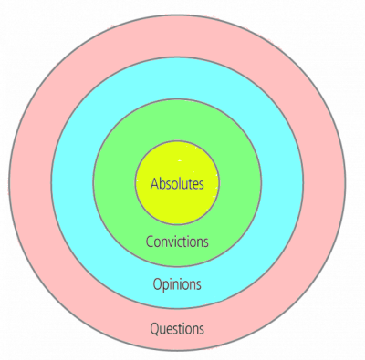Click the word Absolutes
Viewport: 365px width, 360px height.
pos(177,183)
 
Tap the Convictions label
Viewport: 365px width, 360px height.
pos(177,242)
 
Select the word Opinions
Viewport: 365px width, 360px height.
pos(177,283)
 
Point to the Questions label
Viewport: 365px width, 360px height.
pos(177,328)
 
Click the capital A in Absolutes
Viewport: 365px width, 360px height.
pos(154,183)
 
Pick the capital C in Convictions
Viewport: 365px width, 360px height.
pos(149,242)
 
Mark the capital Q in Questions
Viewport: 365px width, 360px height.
pos(154,328)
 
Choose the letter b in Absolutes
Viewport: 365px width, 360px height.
pos(162,183)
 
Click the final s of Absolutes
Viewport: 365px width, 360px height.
pos(202,184)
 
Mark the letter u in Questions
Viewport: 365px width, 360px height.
pos(163,329)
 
